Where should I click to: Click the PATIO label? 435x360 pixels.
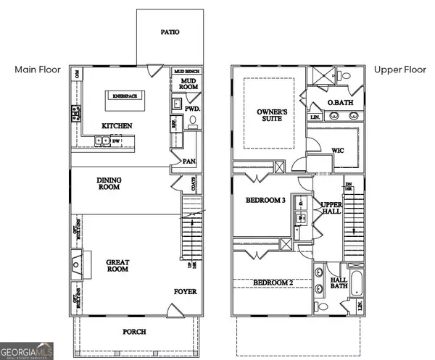170,33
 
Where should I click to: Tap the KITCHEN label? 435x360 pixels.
117,126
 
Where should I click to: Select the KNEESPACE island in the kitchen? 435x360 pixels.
125,96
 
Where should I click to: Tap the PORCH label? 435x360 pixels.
134,332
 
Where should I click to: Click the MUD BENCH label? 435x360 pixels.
186,72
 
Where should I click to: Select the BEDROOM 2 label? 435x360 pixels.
269,282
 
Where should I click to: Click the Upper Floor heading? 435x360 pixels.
399,70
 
